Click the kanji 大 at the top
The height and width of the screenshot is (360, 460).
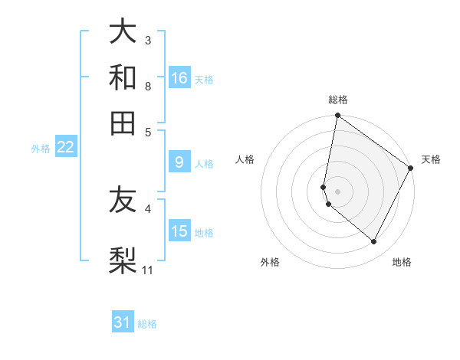(123, 31)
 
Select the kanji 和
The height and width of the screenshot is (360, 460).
(123, 77)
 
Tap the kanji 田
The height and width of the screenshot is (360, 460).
(123, 123)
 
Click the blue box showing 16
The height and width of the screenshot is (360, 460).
(179, 78)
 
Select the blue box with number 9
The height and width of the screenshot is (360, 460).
(179, 162)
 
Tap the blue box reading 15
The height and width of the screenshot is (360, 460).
(179, 231)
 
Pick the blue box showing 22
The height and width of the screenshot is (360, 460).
(66, 148)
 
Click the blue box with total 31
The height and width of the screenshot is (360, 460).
(123, 322)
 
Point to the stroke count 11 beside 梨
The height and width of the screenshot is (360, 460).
(148, 270)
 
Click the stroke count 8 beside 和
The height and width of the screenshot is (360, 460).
(148, 86)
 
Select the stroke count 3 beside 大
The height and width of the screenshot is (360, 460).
(148, 40)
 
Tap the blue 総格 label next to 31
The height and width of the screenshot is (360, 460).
(147, 324)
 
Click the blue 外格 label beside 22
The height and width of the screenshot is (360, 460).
(41, 149)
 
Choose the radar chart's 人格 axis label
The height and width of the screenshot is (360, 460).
(245, 159)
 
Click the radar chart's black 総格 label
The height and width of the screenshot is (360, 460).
(338, 100)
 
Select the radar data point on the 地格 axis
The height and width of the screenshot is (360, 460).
(374, 242)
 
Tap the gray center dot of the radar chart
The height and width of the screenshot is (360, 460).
(338, 191)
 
